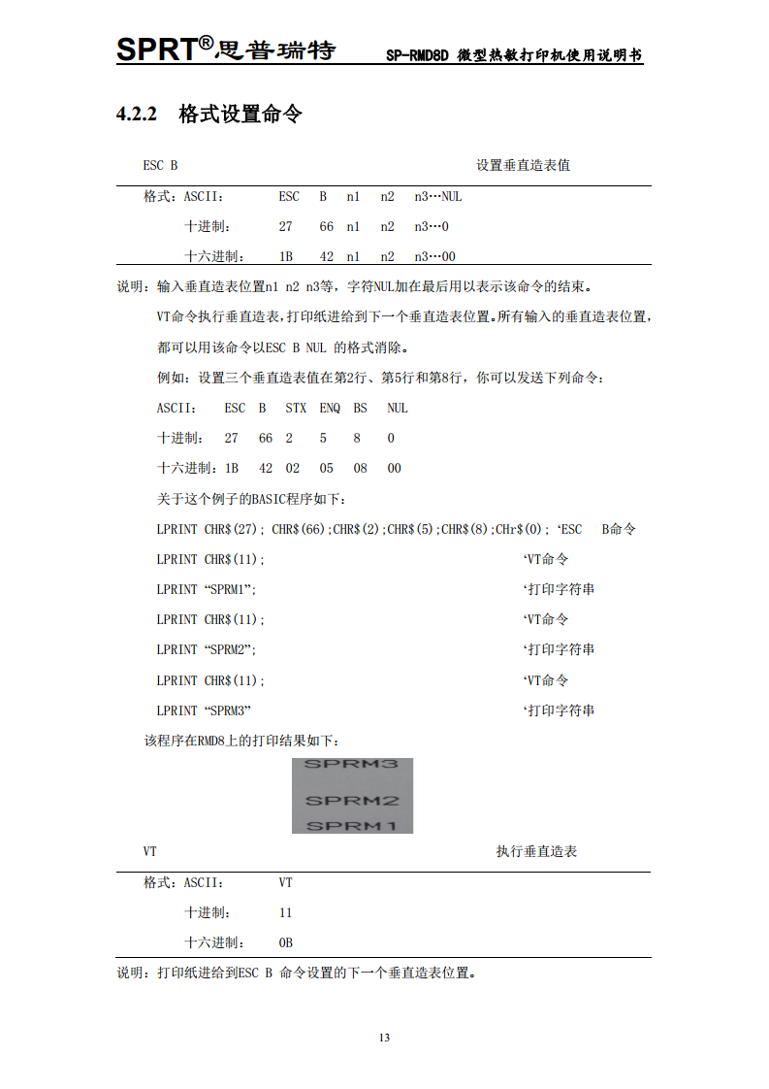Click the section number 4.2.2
point(137,115)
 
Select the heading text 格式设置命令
point(240,115)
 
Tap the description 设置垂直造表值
point(523,165)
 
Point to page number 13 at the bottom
point(384,1038)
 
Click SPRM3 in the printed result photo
point(352,765)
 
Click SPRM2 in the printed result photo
point(352,801)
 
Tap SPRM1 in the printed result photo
point(352,825)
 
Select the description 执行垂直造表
point(536,851)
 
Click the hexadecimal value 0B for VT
point(285,942)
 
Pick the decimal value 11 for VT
point(285,912)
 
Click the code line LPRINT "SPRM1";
point(207,589)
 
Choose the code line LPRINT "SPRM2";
point(207,649)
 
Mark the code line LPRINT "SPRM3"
point(205,710)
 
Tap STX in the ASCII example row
point(296,409)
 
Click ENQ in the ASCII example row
point(330,409)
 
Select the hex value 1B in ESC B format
point(286,256)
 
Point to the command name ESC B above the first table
point(160,165)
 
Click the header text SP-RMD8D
point(416,55)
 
